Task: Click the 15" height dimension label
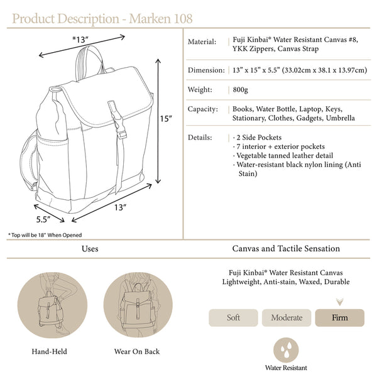click(166, 119)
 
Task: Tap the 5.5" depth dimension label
click(43, 219)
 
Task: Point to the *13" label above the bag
click(80, 40)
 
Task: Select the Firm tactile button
click(339, 317)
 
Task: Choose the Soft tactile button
click(233, 317)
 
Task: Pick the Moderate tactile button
click(287, 317)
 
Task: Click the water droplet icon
click(286, 350)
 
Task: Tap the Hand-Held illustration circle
click(52, 305)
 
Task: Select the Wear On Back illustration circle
click(138, 305)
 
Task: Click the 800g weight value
click(240, 90)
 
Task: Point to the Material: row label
click(202, 42)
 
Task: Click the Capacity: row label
click(203, 109)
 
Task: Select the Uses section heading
click(90, 249)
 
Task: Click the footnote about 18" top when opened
click(45, 235)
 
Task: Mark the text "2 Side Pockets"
click(259, 138)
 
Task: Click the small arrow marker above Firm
click(340, 302)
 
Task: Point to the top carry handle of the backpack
click(89, 59)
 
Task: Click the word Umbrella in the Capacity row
click(340, 118)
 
